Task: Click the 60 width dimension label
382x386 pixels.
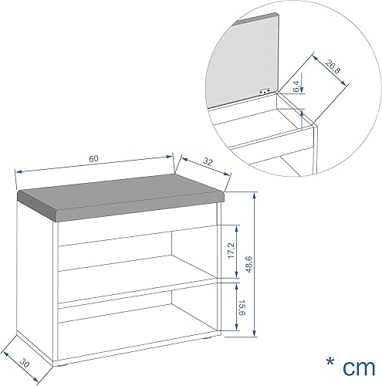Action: point(93,158)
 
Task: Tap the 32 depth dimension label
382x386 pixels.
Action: point(208,161)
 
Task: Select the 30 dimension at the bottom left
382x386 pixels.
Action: point(25,363)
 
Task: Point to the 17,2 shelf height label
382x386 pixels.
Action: point(232,251)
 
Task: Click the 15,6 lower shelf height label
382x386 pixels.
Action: point(242,307)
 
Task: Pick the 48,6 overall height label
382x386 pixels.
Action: point(248,264)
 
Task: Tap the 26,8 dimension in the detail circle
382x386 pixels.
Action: point(333,67)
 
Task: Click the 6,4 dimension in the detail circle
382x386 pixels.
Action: point(296,86)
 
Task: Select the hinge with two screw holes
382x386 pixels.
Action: point(265,92)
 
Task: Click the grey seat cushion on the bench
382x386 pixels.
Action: point(121,198)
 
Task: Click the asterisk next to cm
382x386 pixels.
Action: point(330,361)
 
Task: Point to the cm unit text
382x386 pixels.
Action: point(359,368)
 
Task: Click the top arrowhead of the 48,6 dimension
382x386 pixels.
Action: point(255,195)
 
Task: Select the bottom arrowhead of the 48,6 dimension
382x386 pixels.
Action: point(255,333)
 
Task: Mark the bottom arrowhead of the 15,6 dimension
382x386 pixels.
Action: point(236,327)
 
